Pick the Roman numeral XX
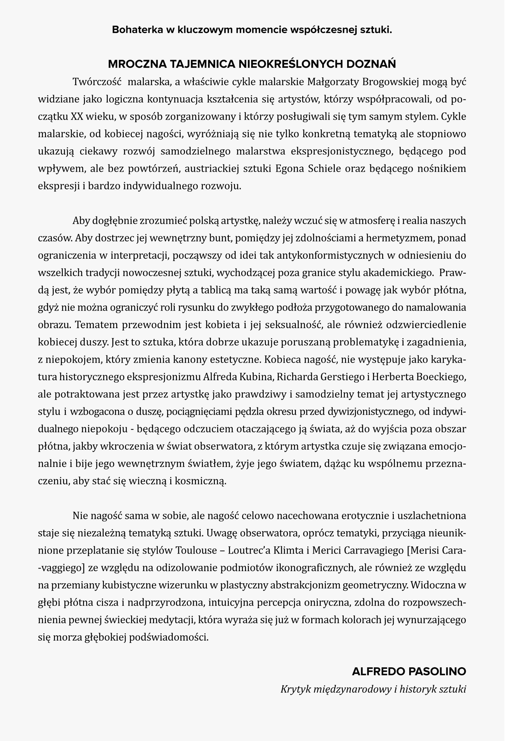(x=77, y=117)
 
